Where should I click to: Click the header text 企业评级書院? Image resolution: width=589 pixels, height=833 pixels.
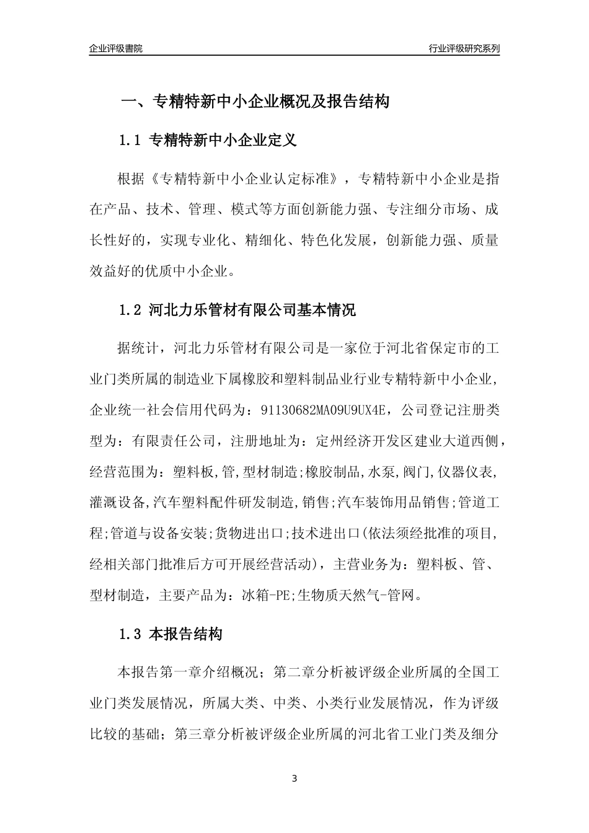click(115, 48)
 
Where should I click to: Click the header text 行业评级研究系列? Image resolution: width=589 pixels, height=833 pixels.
click(464, 48)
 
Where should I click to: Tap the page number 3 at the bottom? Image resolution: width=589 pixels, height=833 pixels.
click(294, 778)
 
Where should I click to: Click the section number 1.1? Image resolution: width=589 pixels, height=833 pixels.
click(130, 141)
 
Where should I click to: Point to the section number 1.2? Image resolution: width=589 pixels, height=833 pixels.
click(130, 310)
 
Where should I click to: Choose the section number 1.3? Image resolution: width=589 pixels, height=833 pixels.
click(130, 634)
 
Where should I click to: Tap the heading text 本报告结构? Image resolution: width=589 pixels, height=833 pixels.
click(185, 634)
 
